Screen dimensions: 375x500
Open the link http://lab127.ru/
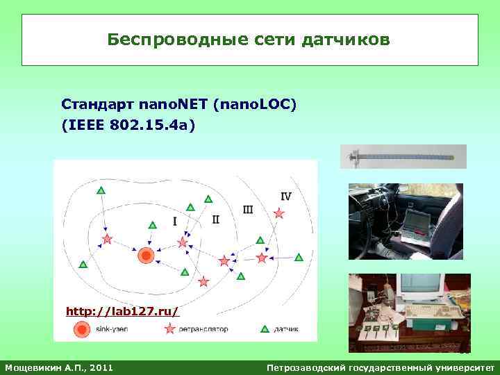pos(122,311)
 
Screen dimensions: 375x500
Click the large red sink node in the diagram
pos(146,256)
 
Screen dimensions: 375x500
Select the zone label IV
pos(285,197)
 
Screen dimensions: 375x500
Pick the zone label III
pos(248,209)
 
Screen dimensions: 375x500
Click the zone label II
pos(215,219)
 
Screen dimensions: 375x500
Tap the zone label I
pos(174,222)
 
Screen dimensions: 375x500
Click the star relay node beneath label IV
pos(279,214)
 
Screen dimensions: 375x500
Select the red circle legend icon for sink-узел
pos(82,329)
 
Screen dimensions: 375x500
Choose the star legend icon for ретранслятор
pos(169,329)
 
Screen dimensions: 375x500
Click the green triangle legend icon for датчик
pos(265,329)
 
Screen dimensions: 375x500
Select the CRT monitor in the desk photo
pos(422,288)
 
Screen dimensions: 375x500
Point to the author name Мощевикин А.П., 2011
pos(59,366)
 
